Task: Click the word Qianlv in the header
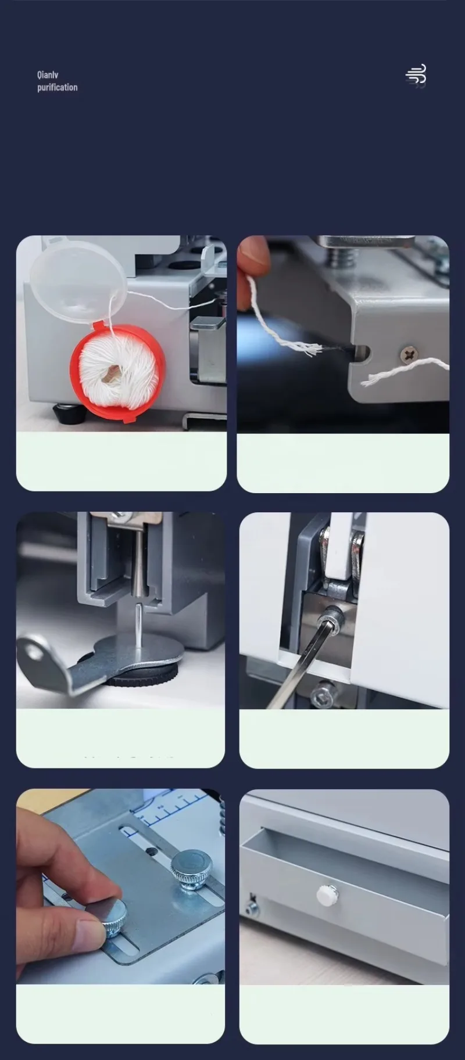pyautogui.click(x=48, y=75)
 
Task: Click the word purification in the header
pyautogui.click(x=57, y=87)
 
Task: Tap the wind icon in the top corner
pyautogui.click(x=416, y=75)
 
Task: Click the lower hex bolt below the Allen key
pyautogui.click(x=323, y=695)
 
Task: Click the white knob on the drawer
pyautogui.click(x=327, y=895)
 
